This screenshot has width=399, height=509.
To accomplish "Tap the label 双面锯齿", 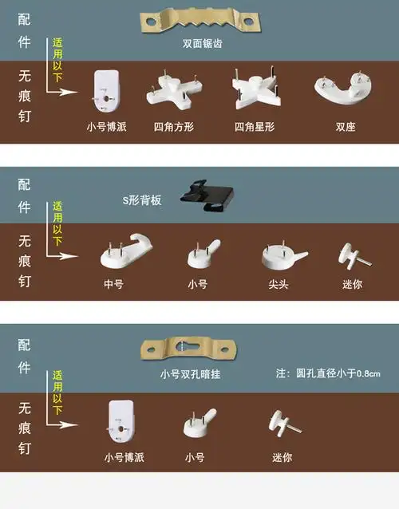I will click(201, 44).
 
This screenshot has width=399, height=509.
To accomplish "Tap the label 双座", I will click(345, 126).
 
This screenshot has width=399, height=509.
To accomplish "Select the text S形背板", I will click(142, 200).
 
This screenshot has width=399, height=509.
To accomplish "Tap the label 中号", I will click(113, 284).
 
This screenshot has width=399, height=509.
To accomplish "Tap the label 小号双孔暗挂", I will click(190, 373).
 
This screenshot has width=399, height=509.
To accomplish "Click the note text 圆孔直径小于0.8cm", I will click(328, 373).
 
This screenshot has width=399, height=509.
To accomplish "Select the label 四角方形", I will click(170, 126).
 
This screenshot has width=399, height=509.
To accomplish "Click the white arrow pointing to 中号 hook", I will click(67, 256).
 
